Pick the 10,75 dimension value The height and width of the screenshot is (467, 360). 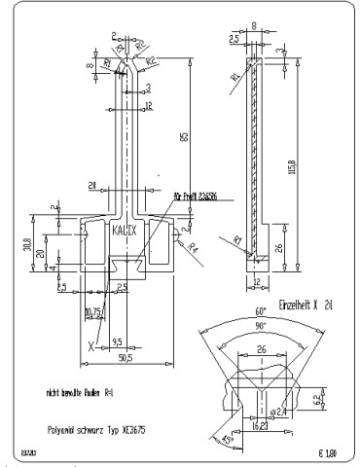pyautogui.click(x=93, y=312)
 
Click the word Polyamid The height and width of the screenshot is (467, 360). pyautogui.click(x=65, y=428)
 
